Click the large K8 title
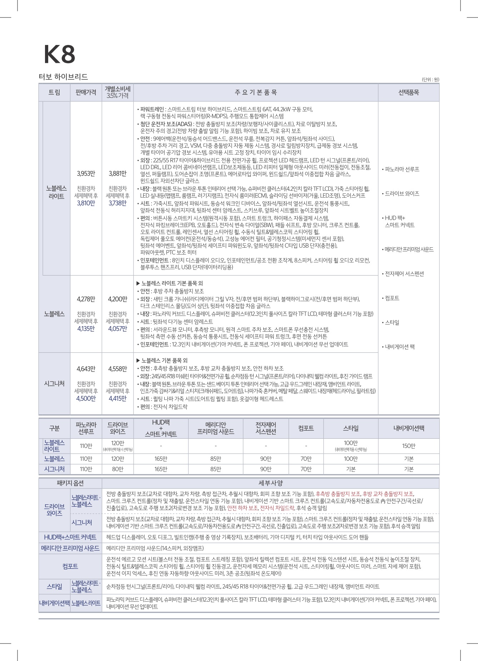pos(59,54)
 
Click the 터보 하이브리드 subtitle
pos(63,77)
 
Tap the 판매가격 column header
pos(86,92)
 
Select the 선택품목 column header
pos(409,92)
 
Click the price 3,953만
pos(86,174)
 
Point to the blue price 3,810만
pos(86,203)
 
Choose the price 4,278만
pos(86,299)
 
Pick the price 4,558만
pos(118,369)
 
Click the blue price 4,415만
pos(118,398)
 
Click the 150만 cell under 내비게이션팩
pos(409,446)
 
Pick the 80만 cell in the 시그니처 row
pos(118,469)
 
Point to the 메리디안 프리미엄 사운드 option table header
pos(215,428)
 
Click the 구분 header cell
pos(54,428)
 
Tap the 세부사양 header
pos(270,483)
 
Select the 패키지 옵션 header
pos(70,483)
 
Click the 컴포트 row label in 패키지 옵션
pos(70,566)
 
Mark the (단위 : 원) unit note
pos(430,80)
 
